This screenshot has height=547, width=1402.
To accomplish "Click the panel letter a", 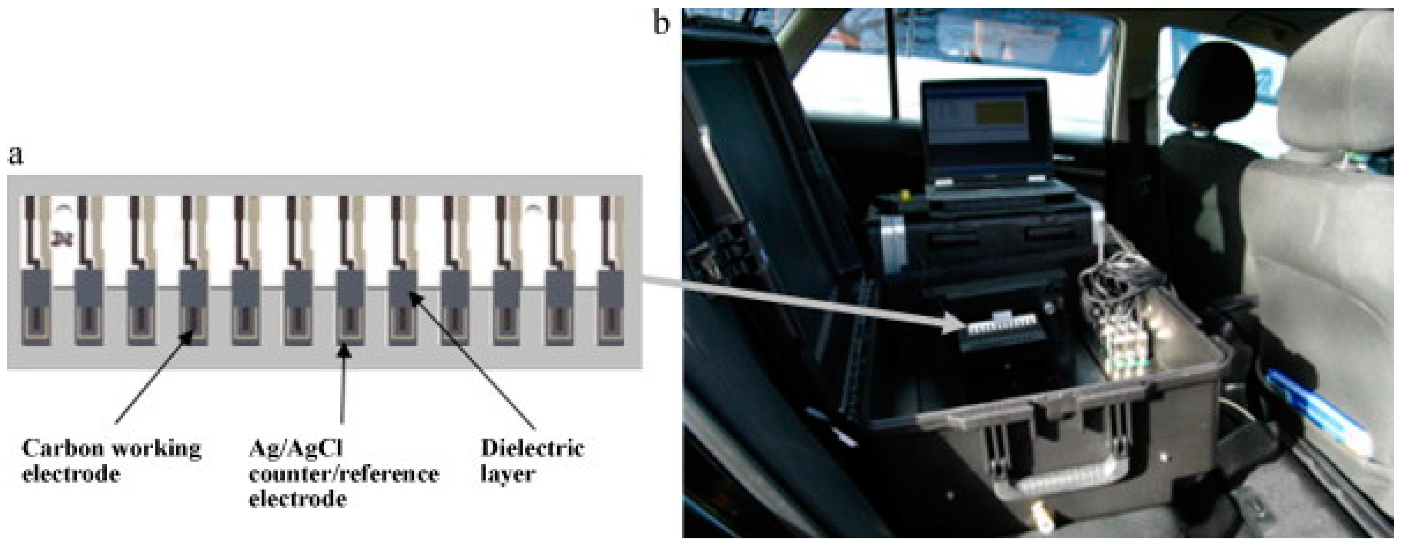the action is (16, 155).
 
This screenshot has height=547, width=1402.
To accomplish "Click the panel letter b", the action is (661, 23).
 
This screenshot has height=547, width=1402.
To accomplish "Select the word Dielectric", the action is (532, 448).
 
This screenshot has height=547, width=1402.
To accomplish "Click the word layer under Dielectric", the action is (507, 474).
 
